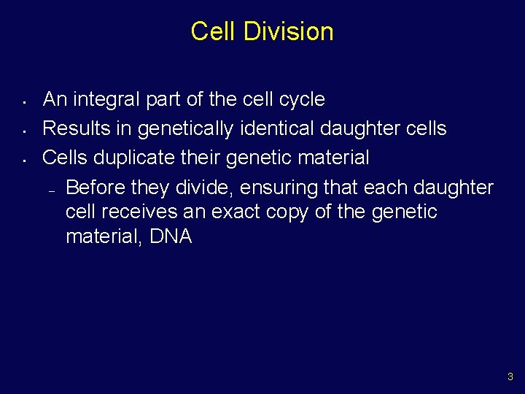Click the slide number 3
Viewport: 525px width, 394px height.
(510, 377)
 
